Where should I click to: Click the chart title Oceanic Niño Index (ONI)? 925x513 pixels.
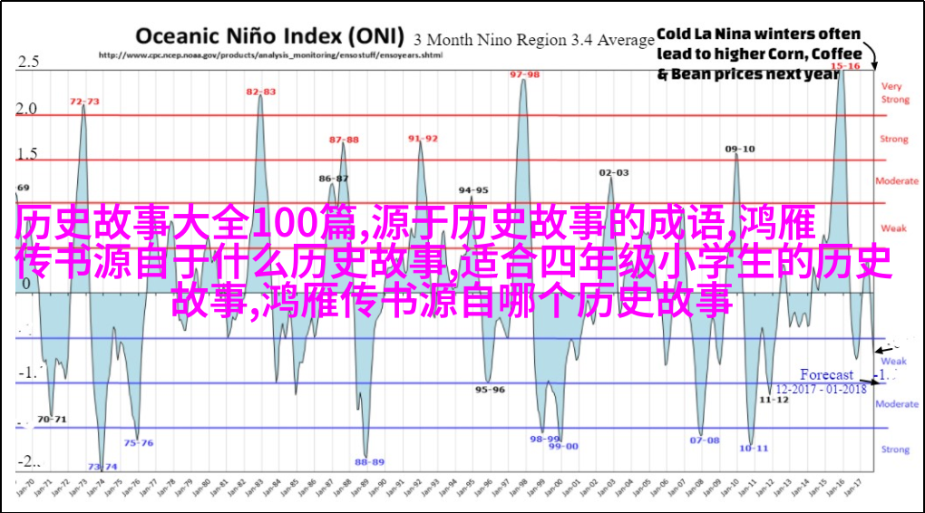click(270, 36)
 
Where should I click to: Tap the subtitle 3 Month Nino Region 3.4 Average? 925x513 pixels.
click(534, 40)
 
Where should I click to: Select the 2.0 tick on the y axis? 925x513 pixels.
click(27, 109)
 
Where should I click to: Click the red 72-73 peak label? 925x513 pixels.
click(84, 102)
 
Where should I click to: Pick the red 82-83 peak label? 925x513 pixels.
click(261, 92)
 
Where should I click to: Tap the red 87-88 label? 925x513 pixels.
click(344, 140)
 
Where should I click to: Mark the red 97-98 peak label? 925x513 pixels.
click(524, 74)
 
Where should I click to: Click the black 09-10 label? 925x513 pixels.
click(739, 149)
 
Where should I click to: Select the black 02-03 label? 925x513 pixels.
click(613, 172)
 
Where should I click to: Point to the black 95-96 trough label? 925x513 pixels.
click(490, 390)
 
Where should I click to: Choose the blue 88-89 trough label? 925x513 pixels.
click(369, 461)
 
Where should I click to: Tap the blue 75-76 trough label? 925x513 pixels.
click(138, 443)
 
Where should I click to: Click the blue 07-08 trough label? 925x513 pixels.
click(704, 440)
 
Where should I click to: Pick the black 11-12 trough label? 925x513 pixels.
click(774, 399)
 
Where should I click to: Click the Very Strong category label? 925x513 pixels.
click(894, 92)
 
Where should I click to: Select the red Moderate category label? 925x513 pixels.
click(896, 181)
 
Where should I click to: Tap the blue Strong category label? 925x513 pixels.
click(895, 449)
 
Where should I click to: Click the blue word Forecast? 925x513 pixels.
click(826, 374)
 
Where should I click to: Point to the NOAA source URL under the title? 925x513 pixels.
click(269, 55)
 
